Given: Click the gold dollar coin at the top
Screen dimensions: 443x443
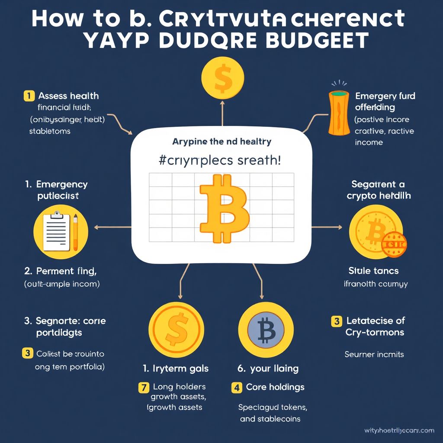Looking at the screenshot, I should (223, 78).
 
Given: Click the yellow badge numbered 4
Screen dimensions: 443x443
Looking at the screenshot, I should (236, 387).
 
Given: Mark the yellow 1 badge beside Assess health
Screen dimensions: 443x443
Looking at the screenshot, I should (29, 96).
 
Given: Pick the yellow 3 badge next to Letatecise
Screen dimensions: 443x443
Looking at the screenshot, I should (336, 321).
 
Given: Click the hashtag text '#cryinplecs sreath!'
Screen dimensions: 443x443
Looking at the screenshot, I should (219, 161).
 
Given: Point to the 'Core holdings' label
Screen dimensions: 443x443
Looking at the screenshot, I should (275, 387).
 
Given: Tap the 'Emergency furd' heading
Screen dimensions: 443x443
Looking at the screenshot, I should (385, 96).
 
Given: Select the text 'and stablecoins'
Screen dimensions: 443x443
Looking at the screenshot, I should (270, 419).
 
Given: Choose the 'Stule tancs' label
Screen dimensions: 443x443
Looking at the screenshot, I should (373, 271).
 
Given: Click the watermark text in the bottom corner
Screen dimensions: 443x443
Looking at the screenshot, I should (399, 430).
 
